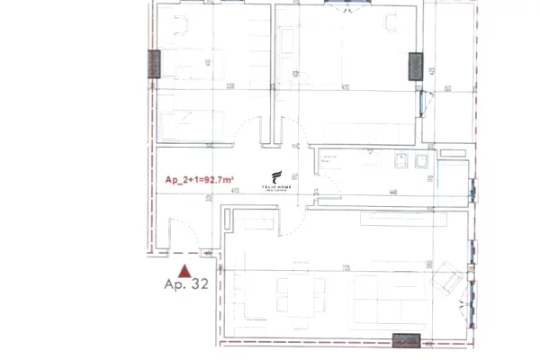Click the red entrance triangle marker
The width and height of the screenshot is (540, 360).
(184, 269)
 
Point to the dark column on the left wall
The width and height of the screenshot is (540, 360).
(154, 63)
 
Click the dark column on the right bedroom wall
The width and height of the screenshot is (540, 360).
(416, 65)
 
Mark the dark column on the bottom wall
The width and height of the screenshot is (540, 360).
(407, 340)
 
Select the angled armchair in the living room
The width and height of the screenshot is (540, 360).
(446, 280)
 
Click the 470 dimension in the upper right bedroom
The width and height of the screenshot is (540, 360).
(346, 89)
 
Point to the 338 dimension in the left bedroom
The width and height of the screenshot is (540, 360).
(205, 88)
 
